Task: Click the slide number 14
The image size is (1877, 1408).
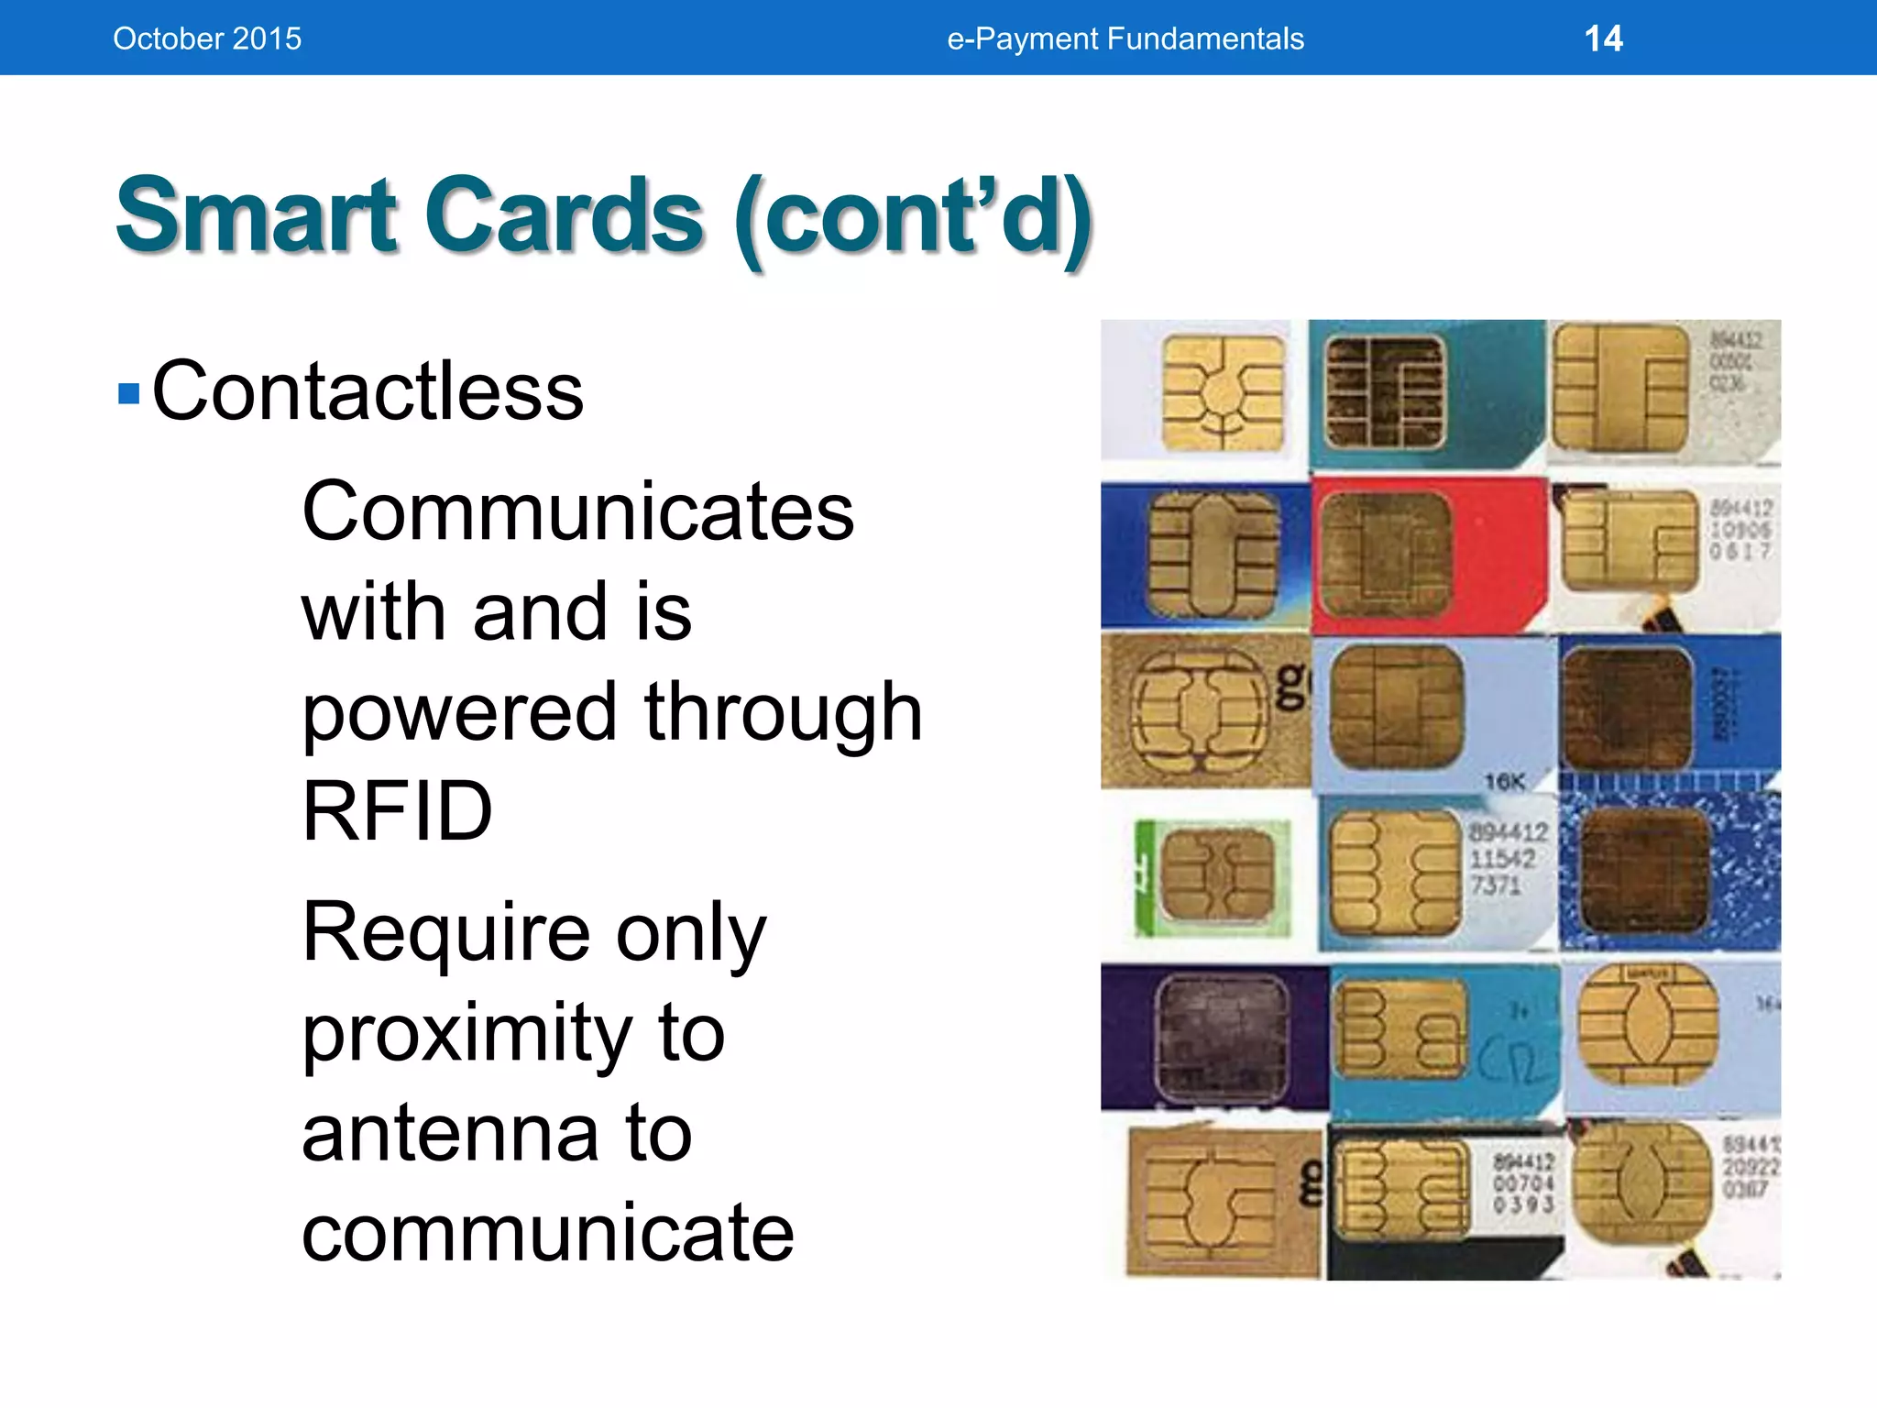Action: [1603, 38]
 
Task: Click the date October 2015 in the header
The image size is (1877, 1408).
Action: [206, 38]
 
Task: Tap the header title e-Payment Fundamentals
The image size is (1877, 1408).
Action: [1125, 38]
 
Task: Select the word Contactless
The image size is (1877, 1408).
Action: [367, 391]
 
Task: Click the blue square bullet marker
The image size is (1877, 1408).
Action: [129, 394]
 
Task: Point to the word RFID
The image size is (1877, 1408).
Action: [397, 811]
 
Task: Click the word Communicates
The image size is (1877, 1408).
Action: [577, 511]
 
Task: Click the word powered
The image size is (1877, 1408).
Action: [458, 713]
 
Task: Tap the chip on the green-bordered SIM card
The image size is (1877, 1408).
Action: [1217, 875]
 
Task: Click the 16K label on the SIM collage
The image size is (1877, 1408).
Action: [1504, 782]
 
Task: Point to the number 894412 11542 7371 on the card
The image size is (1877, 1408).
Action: [1508, 859]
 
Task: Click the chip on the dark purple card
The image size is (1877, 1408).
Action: [1222, 1036]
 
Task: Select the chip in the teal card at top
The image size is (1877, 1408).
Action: [1384, 392]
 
